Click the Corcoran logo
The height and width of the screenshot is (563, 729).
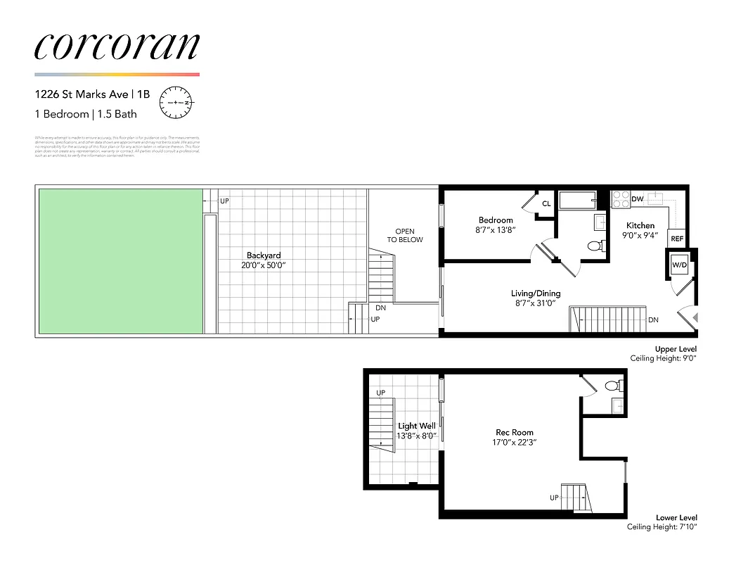point(117,46)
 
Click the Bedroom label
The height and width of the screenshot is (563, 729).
point(496,220)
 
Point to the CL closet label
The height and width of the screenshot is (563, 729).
point(546,204)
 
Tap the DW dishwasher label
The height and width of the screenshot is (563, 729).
point(637,200)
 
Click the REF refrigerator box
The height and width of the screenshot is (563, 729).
point(677,239)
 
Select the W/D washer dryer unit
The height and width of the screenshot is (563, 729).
point(679,265)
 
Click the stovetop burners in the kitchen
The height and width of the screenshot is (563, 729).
point(620,199)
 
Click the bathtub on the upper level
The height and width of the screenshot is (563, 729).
point(577,201)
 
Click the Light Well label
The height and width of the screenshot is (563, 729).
point(417,426)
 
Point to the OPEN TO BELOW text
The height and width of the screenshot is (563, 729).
point(405,235)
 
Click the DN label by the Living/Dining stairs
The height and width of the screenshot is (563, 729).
point(653,320)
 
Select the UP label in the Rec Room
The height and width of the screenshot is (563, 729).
point(554,498)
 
